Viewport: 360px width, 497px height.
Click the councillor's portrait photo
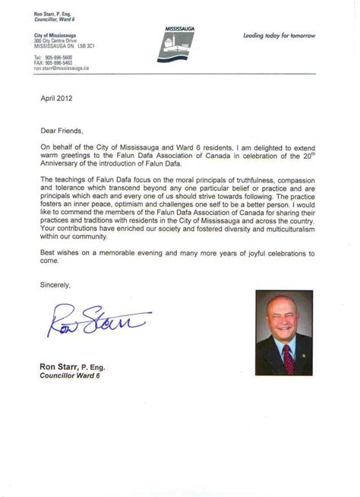(x=283, y=333)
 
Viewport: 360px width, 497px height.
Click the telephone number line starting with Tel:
(x=53, y=57)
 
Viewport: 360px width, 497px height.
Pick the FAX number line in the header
(x=53, y=62)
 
